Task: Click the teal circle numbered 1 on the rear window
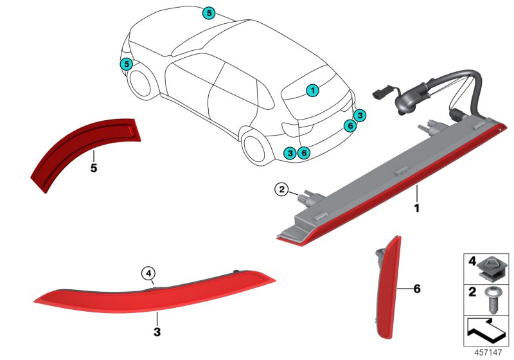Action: (x=312, y=91)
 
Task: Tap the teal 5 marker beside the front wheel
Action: (x=127, y=64)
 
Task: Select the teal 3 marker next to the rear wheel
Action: (x=290, y=152)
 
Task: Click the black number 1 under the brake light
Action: (x=416, y=208)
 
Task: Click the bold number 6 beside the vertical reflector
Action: (x=416, y=289)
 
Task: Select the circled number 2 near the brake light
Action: (x=281, y=189)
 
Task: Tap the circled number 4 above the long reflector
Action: (x=149, y=274)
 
